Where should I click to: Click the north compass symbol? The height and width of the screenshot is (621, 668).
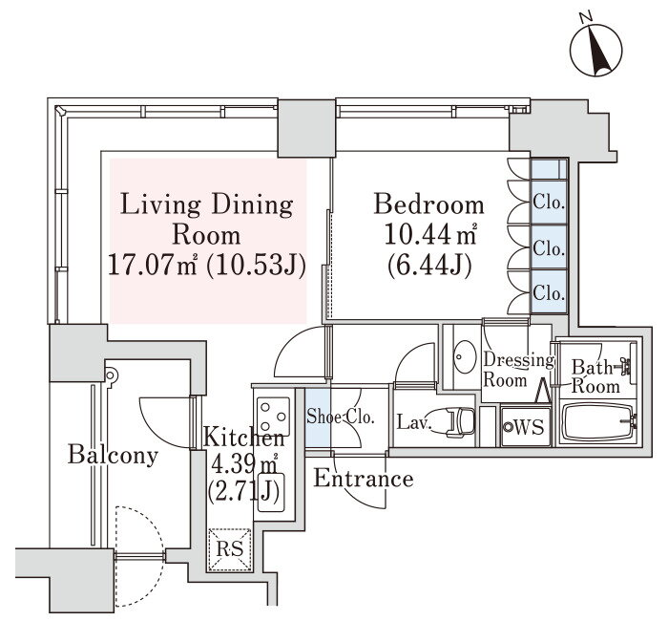coord(596,50)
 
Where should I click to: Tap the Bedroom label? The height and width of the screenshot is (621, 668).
coord(429,204)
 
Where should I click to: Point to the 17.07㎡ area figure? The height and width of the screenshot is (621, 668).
coord(153,266)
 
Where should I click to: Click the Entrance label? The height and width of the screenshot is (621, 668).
coord(364,479)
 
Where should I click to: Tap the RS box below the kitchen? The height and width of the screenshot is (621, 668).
coord(229,549)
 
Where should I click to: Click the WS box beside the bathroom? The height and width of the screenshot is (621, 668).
coord(526,426)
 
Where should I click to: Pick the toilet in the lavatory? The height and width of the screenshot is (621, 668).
coord(455,422)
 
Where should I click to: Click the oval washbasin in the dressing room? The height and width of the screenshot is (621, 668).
coord(465,357)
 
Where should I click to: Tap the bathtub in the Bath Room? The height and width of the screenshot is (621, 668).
coord(599,422)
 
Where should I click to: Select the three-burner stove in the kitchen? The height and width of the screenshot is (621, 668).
coord(273,415)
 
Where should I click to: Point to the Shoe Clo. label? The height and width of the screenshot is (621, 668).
coord(341,417)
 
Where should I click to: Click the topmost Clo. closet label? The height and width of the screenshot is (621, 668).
coord(549,203)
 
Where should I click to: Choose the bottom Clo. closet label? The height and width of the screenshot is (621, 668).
coord(549,293)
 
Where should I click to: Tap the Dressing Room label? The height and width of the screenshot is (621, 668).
coord(518,370)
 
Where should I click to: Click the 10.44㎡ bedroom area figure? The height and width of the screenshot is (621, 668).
coord(429,235)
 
